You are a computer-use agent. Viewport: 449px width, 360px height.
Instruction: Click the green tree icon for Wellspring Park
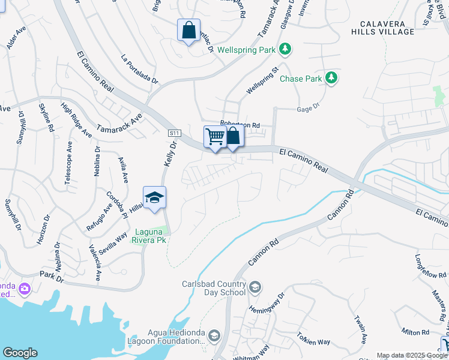[x=286, y=49]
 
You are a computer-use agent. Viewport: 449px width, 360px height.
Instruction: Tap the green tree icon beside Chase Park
[x=330, y=77]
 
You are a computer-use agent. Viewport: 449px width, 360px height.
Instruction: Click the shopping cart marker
[x=214, y=136]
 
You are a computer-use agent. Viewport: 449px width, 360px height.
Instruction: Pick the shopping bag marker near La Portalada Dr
[x=188, y=31]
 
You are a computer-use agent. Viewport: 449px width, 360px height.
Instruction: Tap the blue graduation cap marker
[x=154, y=197]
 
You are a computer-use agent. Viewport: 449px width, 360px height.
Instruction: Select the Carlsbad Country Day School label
[x=214, y=288]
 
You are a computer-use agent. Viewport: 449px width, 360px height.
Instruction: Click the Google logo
[x=20, y=352]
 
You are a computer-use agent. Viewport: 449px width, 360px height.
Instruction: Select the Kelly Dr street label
[x=170, y=154]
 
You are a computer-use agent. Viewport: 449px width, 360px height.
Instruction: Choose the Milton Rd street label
[x=415, y=332]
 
